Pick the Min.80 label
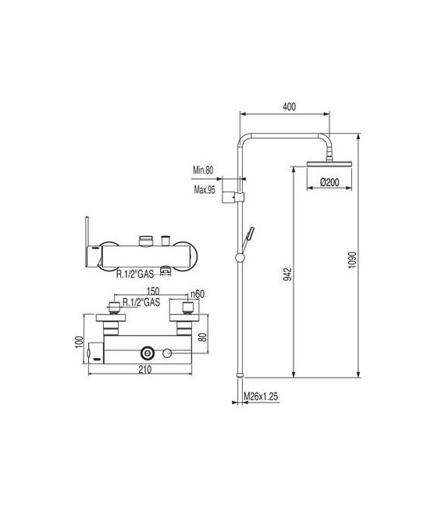pyautogui.click(x=205, y=170)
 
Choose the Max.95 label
pyautogui.click(x=204, y=190)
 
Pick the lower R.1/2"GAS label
pyautogui.click(x=141, y=300)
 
